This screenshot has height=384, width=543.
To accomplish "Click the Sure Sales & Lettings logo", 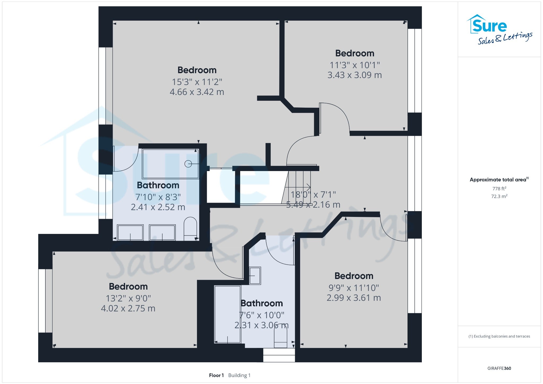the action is click(x=500, y=29).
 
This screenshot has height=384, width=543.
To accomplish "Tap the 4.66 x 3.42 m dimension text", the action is click(x=197, y=92).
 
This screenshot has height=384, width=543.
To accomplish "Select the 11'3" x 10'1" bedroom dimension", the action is click(x=355, y=65).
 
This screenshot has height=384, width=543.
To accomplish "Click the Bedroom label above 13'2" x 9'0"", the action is click(x=128, y=286).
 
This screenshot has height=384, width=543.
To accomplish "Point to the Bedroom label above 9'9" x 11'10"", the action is click(x=354, y=276).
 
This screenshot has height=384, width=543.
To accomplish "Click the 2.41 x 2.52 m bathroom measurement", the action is click(x=158, y=207).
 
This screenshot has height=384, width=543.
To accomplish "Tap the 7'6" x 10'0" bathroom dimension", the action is click(x=262, y=315).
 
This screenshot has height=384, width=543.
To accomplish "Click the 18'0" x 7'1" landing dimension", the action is click(x=313, y=195).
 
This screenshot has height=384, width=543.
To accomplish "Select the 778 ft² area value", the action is click(x=499, y=189).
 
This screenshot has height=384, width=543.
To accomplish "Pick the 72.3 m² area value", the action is click(x=499, y=196).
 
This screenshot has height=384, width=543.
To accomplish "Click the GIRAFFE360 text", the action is click(x=499, y=368).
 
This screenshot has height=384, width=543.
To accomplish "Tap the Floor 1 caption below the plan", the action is click(x=216, y=375).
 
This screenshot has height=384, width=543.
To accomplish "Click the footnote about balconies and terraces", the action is click(x=499, y=336).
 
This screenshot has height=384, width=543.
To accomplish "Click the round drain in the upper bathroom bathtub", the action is click(x=188, y=164).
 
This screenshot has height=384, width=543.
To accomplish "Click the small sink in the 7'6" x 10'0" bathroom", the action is click(x=255, y=276).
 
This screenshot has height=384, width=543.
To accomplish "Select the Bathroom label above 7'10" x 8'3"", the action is click(x=158, y=185).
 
